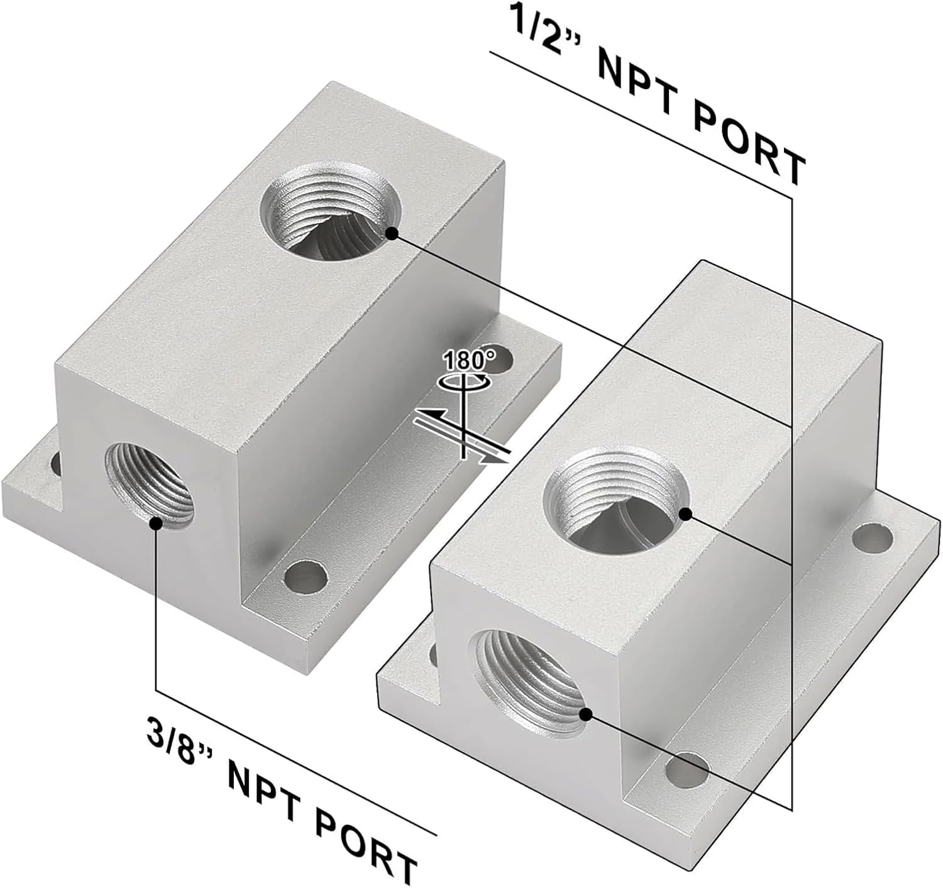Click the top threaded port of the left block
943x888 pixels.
click(329, 211)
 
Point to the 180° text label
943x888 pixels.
click(469, 361)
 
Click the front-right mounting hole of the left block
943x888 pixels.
click(306, 576)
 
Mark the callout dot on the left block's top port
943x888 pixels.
click(392, 233)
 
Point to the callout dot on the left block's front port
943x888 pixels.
click(155, 523)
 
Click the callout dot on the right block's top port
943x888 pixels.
click(685, 515)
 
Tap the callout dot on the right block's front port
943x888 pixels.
click(586, 715)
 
